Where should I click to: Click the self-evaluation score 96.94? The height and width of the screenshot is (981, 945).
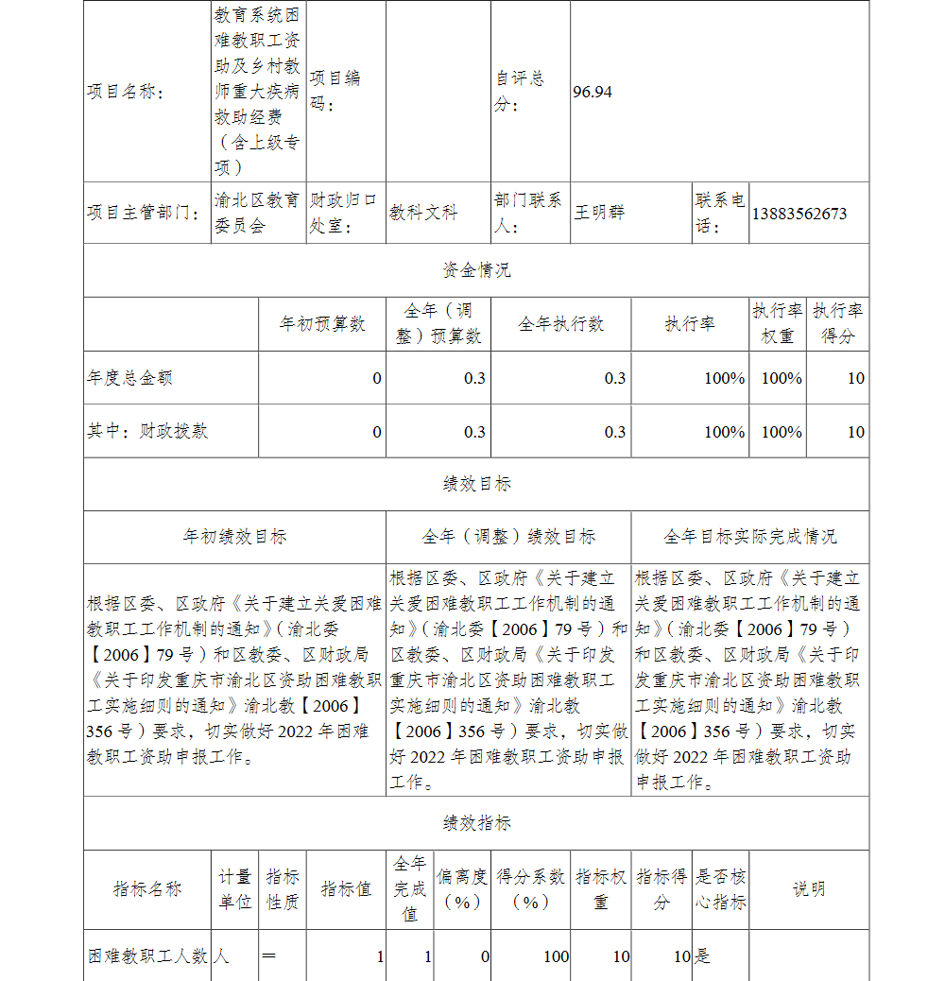593,92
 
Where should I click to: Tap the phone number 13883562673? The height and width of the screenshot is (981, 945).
799,214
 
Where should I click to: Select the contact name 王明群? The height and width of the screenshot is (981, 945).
599,214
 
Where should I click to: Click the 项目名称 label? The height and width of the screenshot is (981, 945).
125,92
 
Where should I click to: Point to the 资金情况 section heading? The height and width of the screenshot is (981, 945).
476,270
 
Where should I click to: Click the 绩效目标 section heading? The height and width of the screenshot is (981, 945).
476,484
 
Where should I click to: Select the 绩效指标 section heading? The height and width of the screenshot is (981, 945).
476,823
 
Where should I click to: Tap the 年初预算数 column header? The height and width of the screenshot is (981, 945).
322,324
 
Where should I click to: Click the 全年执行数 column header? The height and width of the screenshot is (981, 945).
560,324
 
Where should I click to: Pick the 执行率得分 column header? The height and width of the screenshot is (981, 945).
837,323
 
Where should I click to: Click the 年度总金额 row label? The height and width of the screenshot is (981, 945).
129,378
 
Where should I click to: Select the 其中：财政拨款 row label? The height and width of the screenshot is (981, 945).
147,431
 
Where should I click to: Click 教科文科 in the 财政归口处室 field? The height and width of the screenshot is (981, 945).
422,214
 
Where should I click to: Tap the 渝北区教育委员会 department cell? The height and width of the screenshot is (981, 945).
257,213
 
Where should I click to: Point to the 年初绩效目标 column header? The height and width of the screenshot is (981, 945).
234,537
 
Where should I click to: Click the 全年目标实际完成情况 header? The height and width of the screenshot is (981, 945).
749,537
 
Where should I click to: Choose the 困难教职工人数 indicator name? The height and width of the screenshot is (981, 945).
147,956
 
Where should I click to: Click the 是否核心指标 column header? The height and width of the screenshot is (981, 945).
720,889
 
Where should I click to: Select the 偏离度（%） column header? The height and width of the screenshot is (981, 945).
462,889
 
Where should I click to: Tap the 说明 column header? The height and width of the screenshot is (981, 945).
808,889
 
